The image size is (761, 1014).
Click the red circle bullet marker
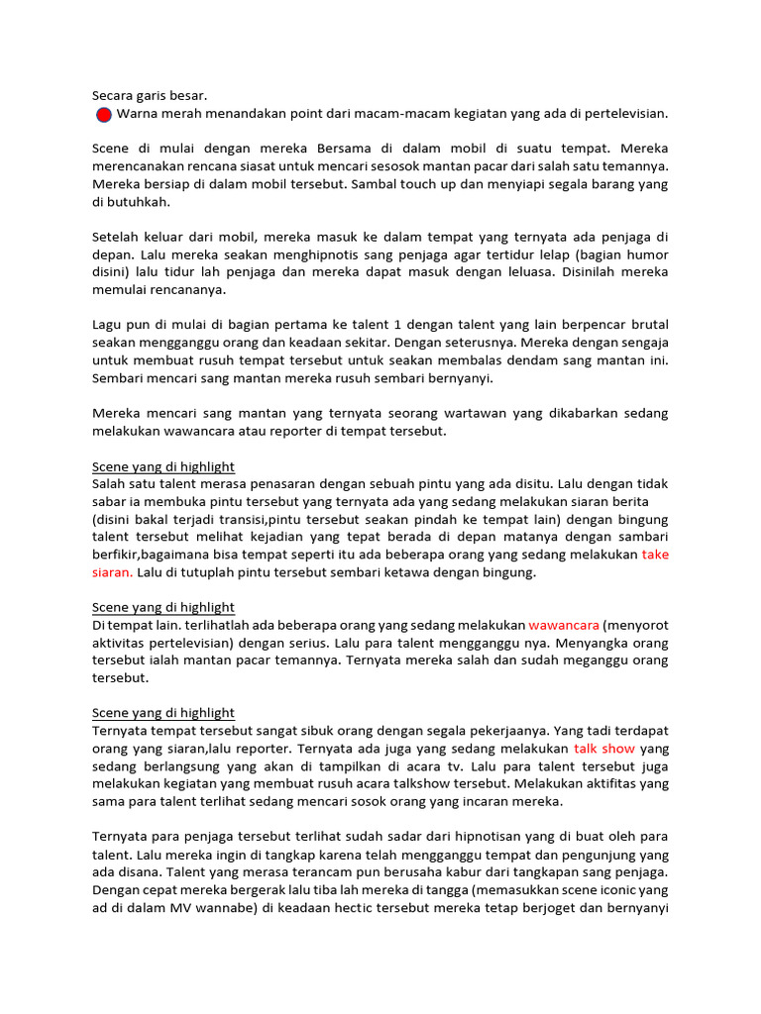pyautogui.click(x=103, y=116)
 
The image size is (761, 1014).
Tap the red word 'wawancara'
pyautogui.click(x=564, y=626)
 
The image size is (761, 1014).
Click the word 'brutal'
pyautogui.click(x=648, y=325)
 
